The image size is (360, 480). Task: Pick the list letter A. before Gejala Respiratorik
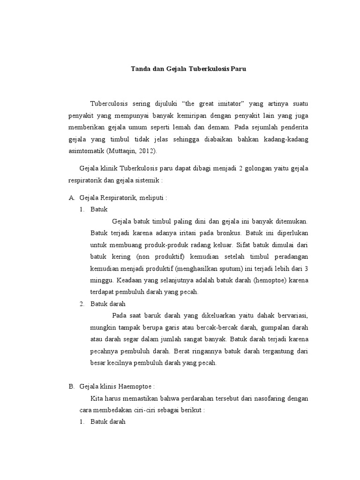point(72,197)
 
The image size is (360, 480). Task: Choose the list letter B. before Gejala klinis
point(72,386)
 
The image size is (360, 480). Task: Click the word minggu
point(100,280)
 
